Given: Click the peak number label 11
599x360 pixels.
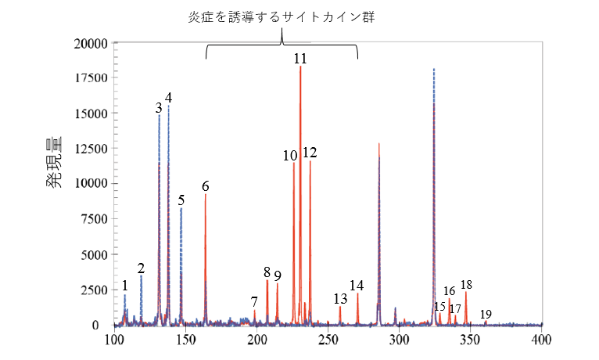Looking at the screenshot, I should [300, 59].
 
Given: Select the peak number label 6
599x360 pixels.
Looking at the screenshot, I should [206, 186].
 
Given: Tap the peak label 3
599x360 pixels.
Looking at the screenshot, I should [159, 107].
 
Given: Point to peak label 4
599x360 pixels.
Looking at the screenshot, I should [168, 98].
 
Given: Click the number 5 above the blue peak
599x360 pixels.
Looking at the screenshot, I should [181, 200].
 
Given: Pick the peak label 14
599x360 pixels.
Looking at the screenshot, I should [357, 285].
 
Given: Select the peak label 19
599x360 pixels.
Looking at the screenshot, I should [486, 314].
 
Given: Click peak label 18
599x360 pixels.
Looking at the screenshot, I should [467, 285].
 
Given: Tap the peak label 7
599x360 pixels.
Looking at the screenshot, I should [254, 301].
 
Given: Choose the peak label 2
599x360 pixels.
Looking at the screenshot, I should [141, 268].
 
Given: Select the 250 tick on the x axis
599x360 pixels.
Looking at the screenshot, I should [328, 340].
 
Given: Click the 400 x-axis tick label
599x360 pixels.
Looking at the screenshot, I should [541, 340].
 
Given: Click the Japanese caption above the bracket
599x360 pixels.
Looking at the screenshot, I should [282, 17].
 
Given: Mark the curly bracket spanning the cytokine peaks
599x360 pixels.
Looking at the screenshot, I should [282, 49].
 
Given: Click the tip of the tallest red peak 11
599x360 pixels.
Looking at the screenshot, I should [300, 67].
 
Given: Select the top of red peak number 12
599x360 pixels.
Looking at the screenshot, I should [310, 161].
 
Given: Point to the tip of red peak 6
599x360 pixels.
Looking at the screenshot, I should [206, 195].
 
